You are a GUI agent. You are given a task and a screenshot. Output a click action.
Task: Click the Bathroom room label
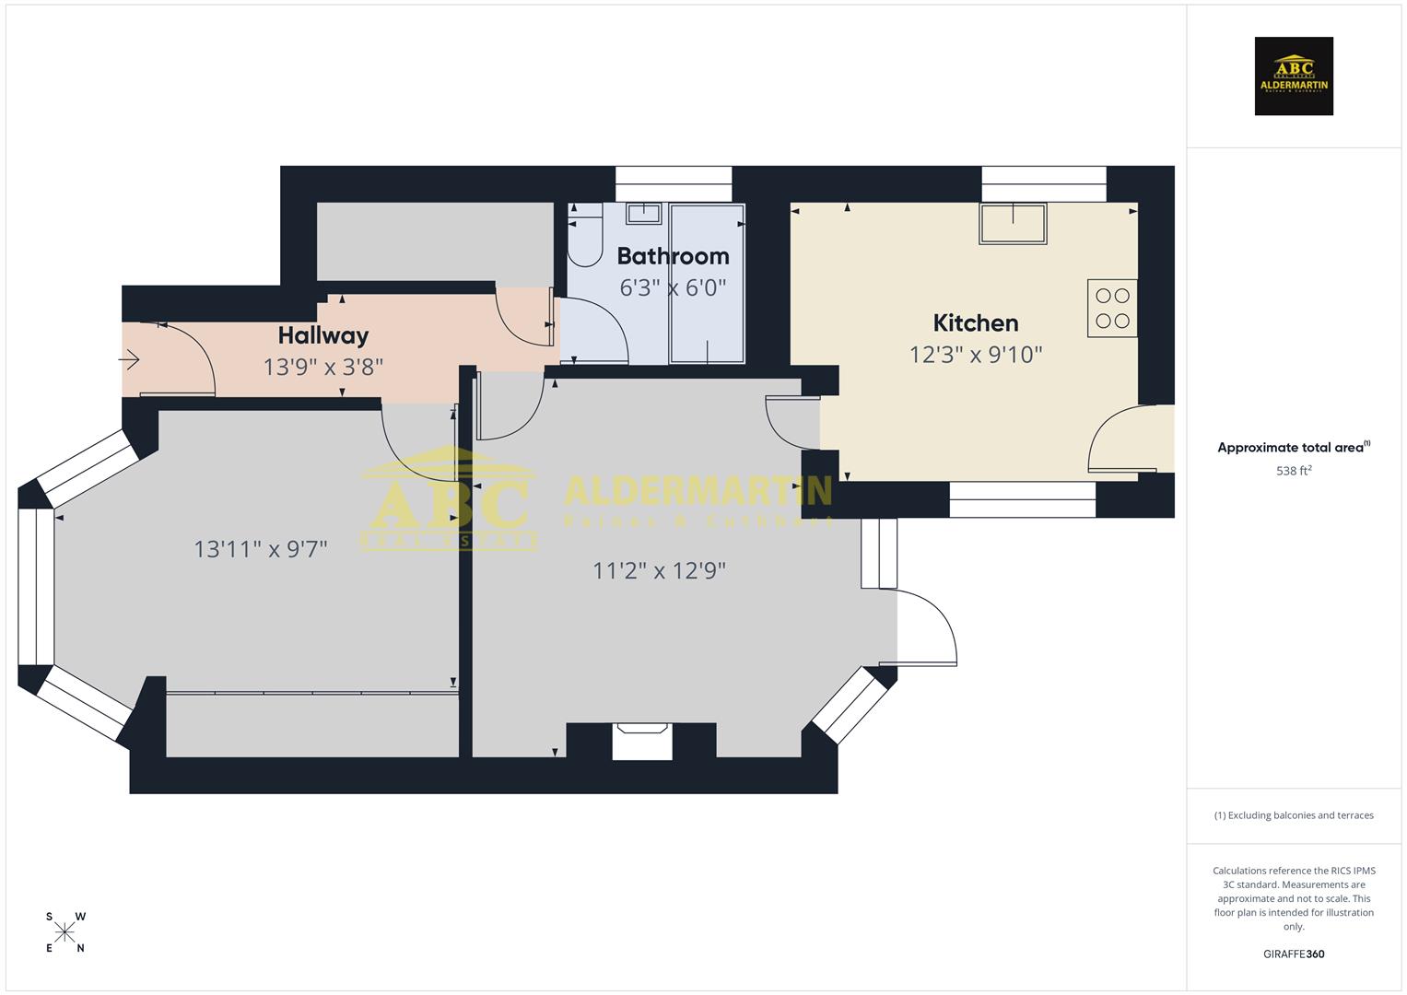tap(673, 256)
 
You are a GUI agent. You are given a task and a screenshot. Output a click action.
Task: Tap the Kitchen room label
tap(975, 323)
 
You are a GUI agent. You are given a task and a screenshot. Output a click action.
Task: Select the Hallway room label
tap(322, 335)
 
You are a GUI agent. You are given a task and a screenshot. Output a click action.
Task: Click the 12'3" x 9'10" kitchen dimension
tap(975, 355)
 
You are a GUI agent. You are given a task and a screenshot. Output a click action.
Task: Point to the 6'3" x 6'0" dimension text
tap(673, 288)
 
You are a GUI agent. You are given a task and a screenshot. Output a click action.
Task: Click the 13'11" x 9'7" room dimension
tap(261, 549)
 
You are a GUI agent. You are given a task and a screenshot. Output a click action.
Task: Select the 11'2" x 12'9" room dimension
tap(659, 571)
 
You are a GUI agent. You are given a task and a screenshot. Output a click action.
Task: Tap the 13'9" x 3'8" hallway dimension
tap(322, 368)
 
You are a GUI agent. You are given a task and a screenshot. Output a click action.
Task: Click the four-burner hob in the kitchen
tap(1112, 309)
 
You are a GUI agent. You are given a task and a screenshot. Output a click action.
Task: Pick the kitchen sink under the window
tap(1013, 224)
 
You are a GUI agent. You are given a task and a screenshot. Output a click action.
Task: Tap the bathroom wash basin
tap(643, 214)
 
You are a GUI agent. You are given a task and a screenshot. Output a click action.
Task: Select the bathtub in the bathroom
tap(707, 284)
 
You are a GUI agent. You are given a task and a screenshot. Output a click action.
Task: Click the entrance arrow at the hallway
tap(130, 359)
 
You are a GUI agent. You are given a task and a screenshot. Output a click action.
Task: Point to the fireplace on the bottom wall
tap(642, 742)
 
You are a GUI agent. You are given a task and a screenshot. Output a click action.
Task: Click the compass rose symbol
tap(64, 932)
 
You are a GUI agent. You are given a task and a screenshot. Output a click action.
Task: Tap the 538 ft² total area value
tap(1294, 471)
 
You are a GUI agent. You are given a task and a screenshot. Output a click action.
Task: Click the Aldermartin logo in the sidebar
tap(1294, 76)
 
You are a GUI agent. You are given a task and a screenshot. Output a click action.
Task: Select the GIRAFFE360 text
tap(1294, 954)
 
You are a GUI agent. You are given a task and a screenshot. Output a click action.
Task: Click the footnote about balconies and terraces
tap(1294, 815)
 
